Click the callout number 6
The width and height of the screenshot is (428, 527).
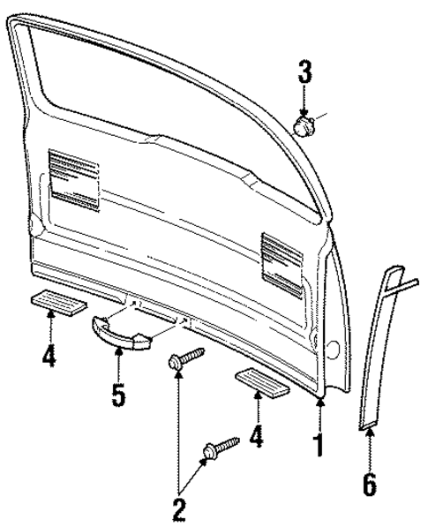[x=370, y=485]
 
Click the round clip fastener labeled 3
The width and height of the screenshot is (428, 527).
[x=305, y=126]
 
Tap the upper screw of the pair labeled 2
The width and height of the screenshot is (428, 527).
[x=184, y=360]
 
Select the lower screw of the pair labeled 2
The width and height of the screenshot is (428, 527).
[x=221, y=447]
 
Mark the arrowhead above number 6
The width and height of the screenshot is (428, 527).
[x=370, y=433]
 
